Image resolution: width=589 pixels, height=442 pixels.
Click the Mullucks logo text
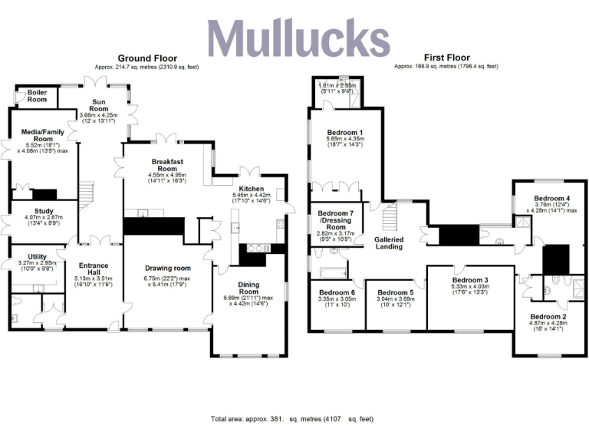298,38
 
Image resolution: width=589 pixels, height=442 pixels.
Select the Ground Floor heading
146,58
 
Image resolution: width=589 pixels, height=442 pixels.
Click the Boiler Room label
38,96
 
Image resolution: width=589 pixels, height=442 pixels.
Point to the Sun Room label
100,105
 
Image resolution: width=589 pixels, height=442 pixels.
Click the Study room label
43,211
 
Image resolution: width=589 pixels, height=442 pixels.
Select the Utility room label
37,256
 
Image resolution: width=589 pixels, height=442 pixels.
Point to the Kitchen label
251,189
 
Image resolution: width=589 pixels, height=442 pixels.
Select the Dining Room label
248,288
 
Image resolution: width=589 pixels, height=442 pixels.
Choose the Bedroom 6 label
337,292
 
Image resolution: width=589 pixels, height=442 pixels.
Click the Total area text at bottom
291,420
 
